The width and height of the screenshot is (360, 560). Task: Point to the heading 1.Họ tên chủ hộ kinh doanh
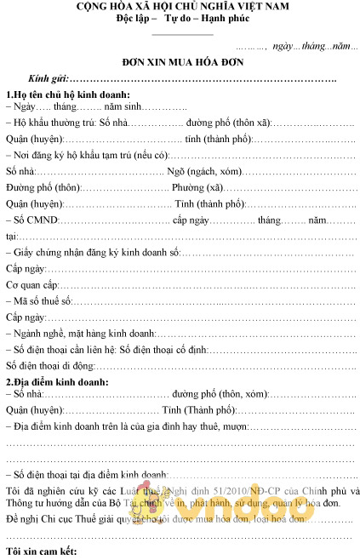pyautogui.click(x=68, y=94)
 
